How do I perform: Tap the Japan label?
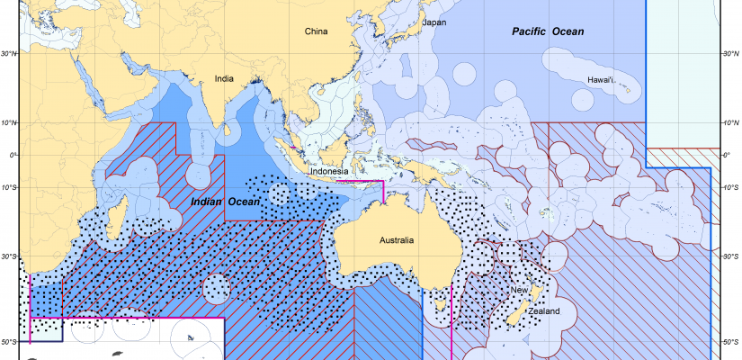coord(434,22)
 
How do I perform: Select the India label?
coord(224,78)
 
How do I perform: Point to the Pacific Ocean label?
coord(548,31)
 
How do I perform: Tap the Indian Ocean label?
coord(224,202)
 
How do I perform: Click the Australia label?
coord(396,240)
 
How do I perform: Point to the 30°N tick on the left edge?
coord(10,54)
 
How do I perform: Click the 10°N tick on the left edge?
coord(10,122)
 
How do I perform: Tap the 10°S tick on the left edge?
coord(10,188)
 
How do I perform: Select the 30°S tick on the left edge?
coord(10,256)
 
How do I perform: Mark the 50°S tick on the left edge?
coord(10,342)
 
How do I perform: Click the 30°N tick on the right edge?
coord(731,54)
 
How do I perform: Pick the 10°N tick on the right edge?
coord(731,122)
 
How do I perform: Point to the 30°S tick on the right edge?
coord(731,256)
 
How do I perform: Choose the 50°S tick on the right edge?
coord(731,342)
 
